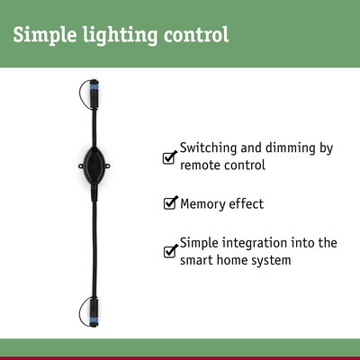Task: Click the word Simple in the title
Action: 42,36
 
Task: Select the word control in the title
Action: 195,36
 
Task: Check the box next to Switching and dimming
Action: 169,157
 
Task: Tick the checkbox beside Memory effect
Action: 169,203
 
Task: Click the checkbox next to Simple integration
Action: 169,251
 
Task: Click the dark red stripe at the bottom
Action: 180,357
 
